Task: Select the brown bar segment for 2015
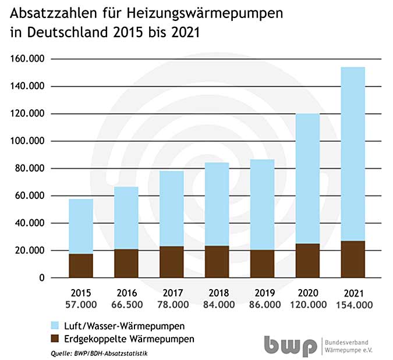(x=80, y=266)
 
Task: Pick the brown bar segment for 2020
(x=307, y=261)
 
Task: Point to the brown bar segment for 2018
(x=217, y=262)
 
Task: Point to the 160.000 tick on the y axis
(x=26, y=59)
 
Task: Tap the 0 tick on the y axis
(x=41, y=278)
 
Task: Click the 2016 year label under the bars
(x=126, y=293)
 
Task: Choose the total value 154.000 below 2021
(x=353, y=304)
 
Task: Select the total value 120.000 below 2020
(x=307, y=304)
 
